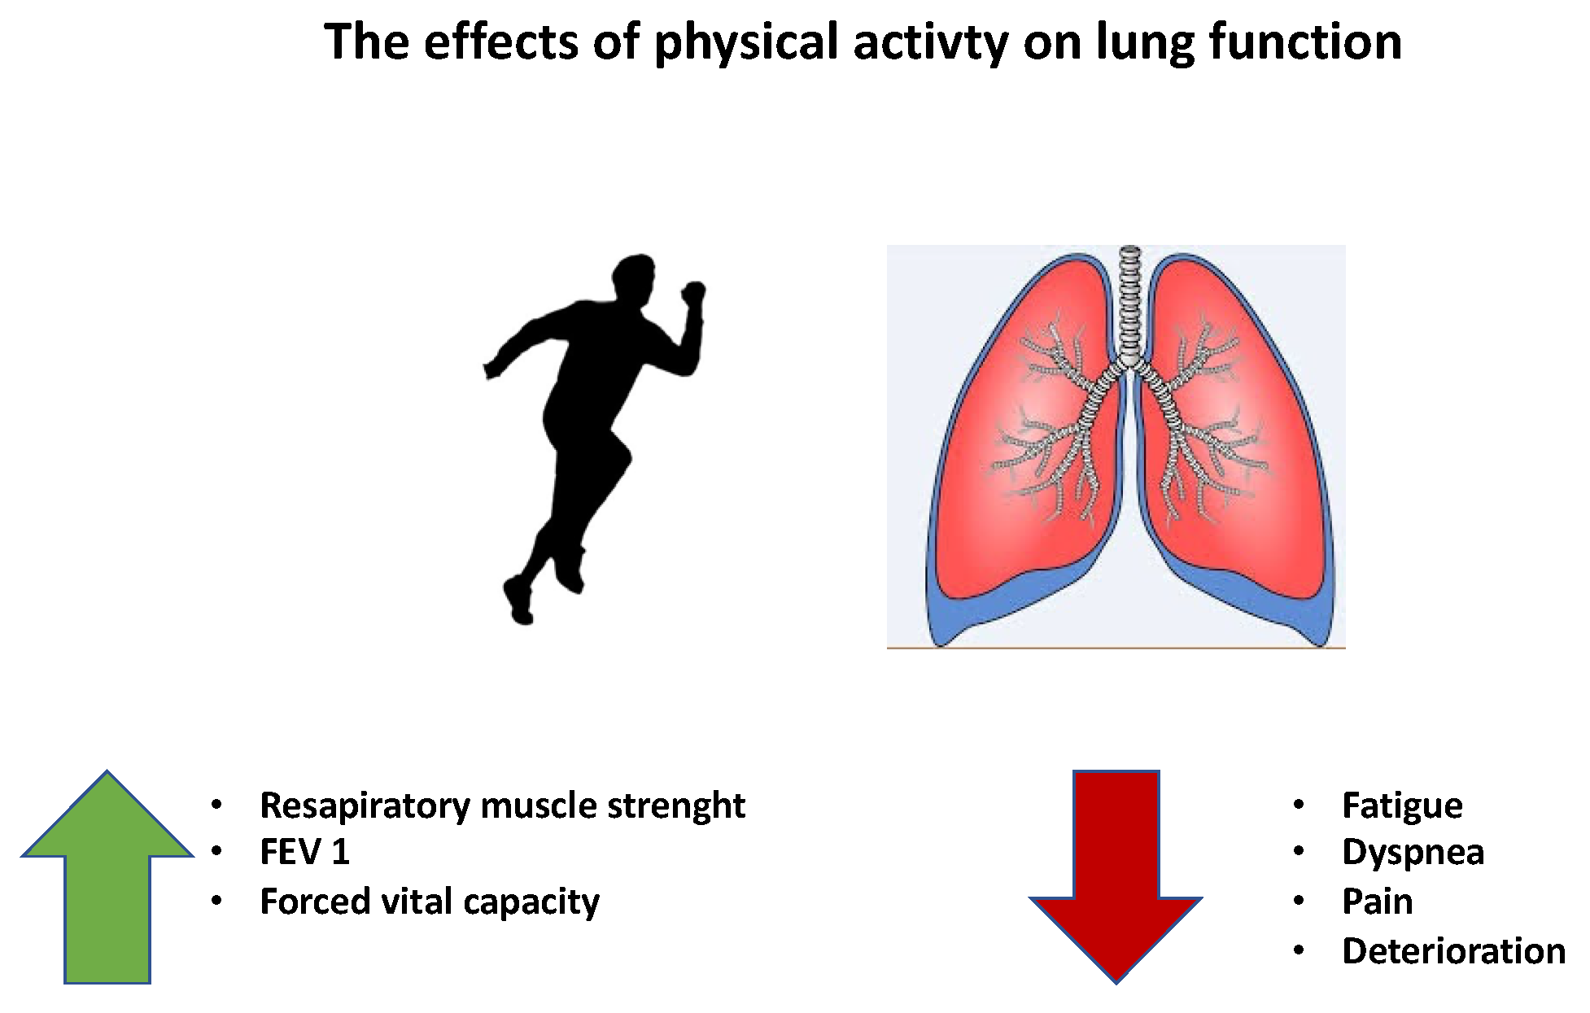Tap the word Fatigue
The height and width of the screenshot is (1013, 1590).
click(1402, 806)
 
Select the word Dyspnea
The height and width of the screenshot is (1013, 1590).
click(1413, 852)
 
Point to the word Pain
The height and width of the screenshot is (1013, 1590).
click(1377, 902)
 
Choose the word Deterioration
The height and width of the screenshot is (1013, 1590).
click(1453, 951)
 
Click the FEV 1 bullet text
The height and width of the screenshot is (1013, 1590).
click(304, 853)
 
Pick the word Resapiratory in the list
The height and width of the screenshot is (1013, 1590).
click(365, 806)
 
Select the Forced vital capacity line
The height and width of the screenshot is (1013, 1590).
click(429, 902)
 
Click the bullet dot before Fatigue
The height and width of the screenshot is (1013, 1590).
click(1298, 806)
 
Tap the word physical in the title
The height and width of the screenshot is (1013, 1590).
click(745, 42)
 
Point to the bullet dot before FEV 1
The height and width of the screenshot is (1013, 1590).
click(216, 853)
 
